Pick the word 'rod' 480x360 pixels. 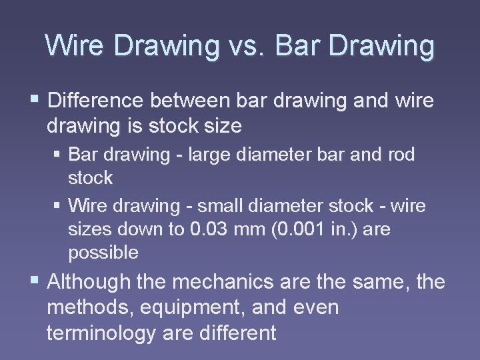[x=400, y=155]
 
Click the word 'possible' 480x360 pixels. [x=103, y=253]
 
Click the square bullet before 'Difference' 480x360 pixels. [x=35, y=100]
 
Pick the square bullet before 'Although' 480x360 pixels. [x=35, y=281]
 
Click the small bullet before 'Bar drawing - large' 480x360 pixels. [x=58, y=155]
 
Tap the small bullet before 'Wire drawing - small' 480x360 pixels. [x=58, y=205]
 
